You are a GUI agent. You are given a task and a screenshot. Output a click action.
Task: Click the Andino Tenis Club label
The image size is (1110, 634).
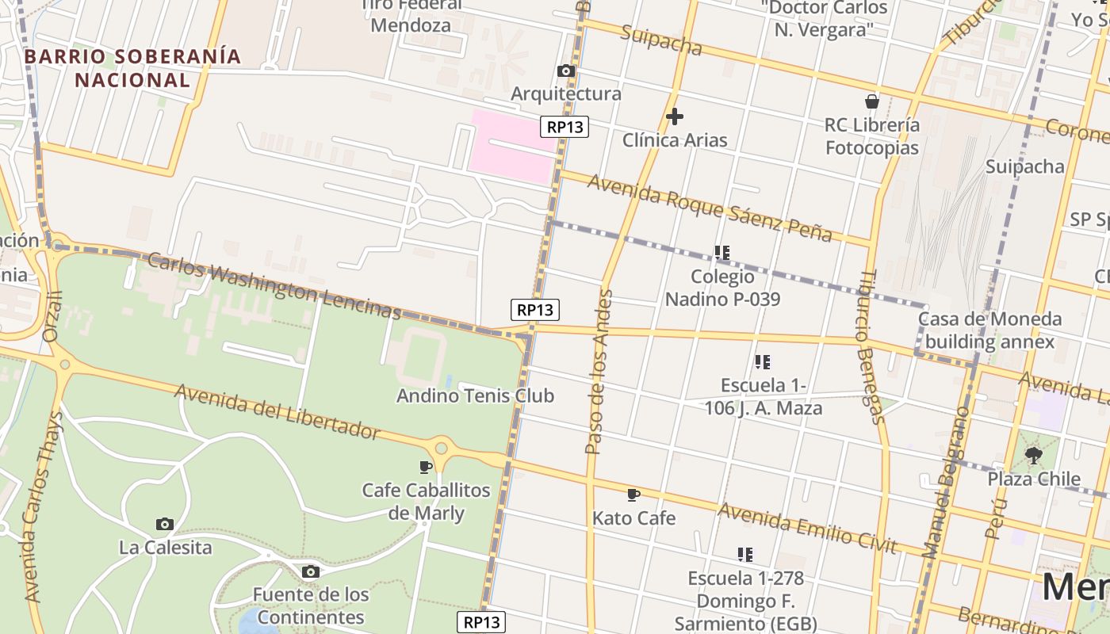click(x=475, y=395)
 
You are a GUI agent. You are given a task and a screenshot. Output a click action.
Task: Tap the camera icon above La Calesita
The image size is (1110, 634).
click(x=165, y=524)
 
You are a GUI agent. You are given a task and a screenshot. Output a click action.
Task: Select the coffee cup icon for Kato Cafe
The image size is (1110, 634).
click(x=633, y=495)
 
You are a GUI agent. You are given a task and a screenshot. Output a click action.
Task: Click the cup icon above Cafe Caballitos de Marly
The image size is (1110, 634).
click(x=426, y=467)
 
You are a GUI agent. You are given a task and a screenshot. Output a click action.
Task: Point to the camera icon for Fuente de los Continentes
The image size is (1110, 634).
click(x=311, y=571)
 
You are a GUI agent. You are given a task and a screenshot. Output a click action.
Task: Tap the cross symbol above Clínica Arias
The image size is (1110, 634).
click(x=675, y=116)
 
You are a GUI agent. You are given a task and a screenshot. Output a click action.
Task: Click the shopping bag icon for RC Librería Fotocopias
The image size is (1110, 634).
click(x=872, y=101)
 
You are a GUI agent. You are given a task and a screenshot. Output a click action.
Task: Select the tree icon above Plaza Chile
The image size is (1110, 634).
click(x=1033, y=456)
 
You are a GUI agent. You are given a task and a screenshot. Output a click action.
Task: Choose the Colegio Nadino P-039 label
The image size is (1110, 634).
click(x=722, y=288)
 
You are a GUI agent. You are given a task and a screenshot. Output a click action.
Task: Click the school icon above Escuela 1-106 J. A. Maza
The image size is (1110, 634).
click(x=763, y=362)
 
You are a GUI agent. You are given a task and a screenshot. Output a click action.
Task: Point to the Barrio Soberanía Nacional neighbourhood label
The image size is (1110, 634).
click(x=132, y=68)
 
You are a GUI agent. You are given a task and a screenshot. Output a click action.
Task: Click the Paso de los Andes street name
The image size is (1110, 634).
click(x=599, y=372)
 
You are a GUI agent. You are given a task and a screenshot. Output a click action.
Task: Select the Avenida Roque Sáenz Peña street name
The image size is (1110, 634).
click(x=710, y=208)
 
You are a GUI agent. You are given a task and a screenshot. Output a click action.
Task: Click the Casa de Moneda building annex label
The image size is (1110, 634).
click(x=989, y=330)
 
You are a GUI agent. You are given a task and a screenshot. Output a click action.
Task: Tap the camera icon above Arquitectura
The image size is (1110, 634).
click(x=566, y=71)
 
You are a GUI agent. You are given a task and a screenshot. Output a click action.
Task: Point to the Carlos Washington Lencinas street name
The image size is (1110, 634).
click(x=274, y=285)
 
